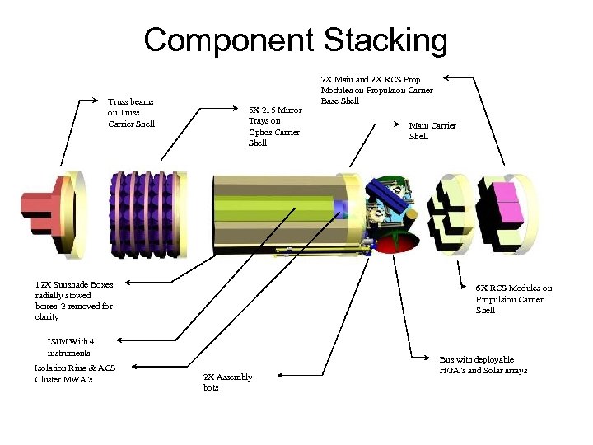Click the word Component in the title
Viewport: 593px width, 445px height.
coord(229,40)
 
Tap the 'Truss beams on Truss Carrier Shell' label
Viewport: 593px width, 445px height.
coord(131,113)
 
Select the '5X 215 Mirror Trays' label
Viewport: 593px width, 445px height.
coord(275,126)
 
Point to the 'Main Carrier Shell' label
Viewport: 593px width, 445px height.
coord(432,131)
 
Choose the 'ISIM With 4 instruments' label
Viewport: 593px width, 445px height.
coord(71,347)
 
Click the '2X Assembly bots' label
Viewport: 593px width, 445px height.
coord(227,382)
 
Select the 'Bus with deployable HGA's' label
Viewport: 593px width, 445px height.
coord(483,365)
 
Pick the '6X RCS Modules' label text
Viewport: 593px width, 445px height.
coord(514,299)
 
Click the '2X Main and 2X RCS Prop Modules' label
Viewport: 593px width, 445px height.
coord(376,89)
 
